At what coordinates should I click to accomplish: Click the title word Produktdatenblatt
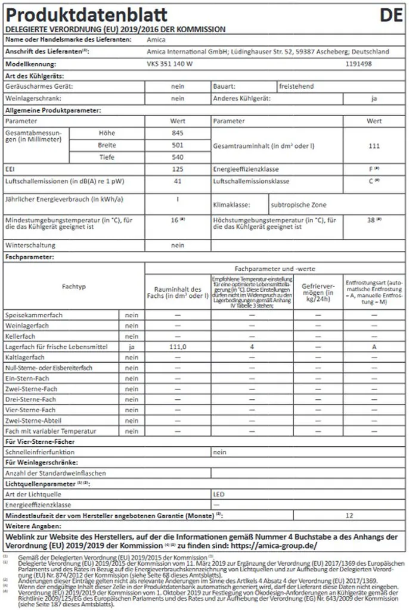coord(86,15)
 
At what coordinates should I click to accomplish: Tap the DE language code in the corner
coord(391,15)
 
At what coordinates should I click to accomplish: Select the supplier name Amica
coord(156,40)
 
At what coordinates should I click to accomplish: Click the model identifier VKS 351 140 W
coord(170,64)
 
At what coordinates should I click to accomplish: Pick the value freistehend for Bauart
coord(296,86)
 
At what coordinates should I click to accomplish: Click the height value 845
coord(178,133)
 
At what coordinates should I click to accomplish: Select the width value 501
coord(178,145)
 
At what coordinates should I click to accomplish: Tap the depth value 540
coord(178,157)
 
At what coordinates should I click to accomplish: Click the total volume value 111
coord(374,145)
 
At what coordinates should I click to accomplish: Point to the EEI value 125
coord(178,170)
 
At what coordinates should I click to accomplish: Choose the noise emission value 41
coord(178,180)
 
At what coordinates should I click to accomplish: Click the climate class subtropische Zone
coord(299,205)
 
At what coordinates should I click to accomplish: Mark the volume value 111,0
coord(178,346)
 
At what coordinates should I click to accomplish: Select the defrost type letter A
coord(374,346)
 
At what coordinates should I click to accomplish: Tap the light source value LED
coord(219,494)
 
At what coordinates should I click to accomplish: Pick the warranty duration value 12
coord(349,515)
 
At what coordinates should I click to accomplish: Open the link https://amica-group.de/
coord(274,546)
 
